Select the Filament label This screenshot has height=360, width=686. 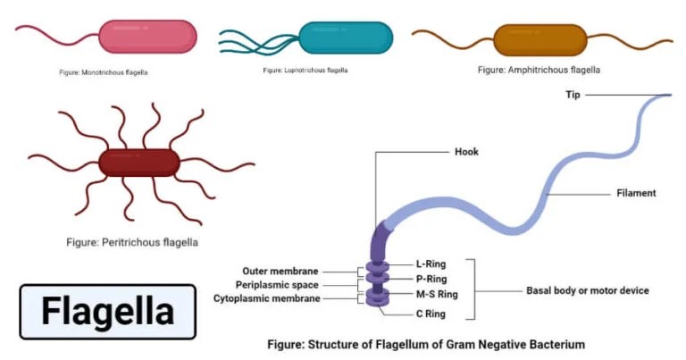point(636,192)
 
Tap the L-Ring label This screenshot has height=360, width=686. point(430,264)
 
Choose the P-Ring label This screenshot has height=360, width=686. point(430,279)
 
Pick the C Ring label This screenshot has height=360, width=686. point(431,314)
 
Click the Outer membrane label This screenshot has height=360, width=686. point(281,270)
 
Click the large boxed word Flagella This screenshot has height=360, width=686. point(108,312)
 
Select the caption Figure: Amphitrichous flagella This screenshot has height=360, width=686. point(539,69)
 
